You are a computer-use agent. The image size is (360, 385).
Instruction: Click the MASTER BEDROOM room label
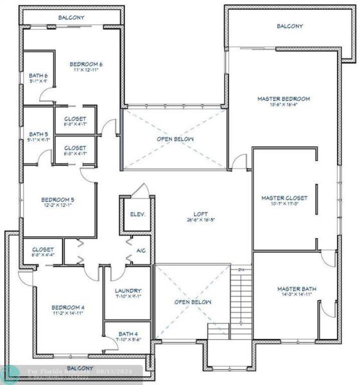point(283,99)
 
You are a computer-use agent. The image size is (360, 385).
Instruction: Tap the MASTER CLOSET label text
point(284,198)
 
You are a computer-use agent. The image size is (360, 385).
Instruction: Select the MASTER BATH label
point(296,289)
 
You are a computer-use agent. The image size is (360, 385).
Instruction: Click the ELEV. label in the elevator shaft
point(137,214)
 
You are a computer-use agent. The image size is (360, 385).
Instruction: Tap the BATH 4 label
point(127,334)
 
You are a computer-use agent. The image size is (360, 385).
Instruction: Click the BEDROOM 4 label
point(68,307)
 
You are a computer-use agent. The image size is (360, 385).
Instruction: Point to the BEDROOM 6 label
point(86,64)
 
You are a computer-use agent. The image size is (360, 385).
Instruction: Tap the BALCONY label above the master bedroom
point(289,26)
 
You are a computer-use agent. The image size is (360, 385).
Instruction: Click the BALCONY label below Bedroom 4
point(80,368)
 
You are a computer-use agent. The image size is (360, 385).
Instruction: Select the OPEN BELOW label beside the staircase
point(193,302)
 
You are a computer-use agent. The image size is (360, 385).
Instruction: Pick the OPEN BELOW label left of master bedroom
point(175,139)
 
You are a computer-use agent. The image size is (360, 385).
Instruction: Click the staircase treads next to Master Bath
point(240,302)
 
